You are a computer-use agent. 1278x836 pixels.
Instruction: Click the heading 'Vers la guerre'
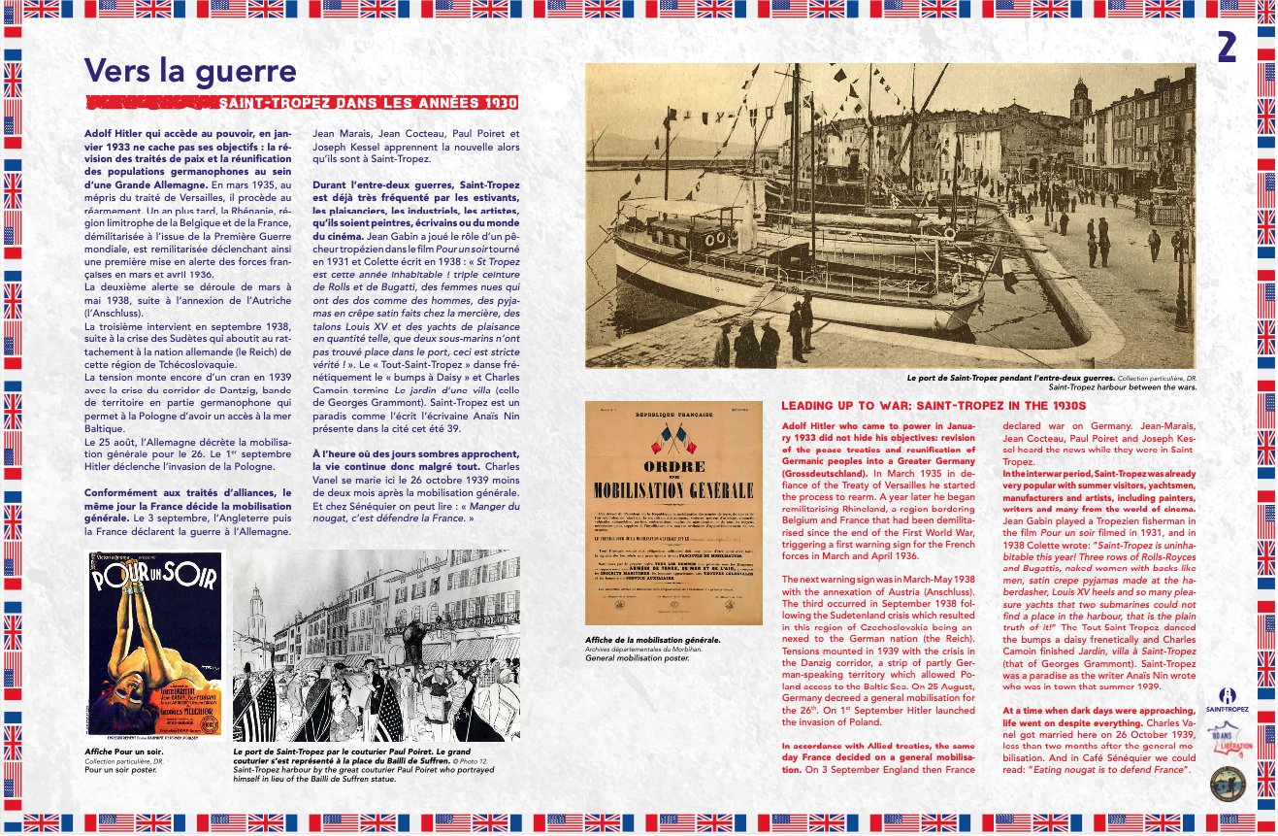(190, 71)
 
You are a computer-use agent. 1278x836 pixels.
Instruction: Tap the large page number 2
(1227, 48)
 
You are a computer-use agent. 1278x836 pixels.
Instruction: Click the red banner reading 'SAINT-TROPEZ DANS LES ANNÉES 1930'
(368, 103)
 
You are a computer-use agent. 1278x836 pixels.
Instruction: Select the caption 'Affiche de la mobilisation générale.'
(652, 640)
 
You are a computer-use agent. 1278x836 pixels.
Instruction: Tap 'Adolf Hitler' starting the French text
(115, 132)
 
